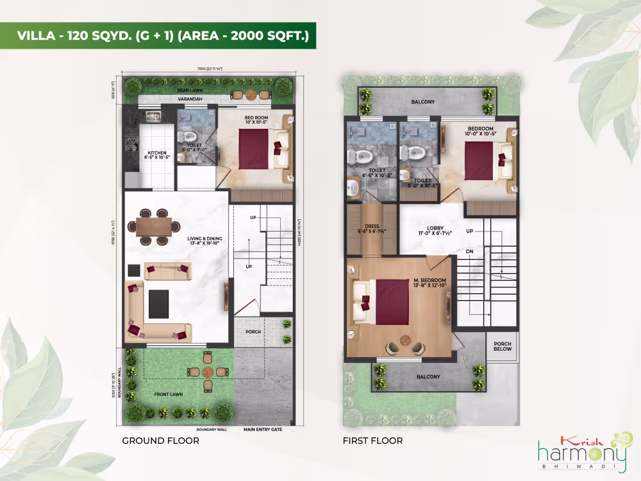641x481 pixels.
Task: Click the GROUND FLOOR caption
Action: point(160,441)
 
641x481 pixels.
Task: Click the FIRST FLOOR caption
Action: point(373,441)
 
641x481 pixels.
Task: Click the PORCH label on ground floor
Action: point(254,332)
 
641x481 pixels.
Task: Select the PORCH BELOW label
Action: point(503,346)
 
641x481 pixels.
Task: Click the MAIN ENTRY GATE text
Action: point(262,430)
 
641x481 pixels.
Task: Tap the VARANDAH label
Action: point(190,99)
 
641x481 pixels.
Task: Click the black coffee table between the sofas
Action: point(158,303)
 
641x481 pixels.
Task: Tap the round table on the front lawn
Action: point(207,372)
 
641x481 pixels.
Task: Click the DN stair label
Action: point(469,251)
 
